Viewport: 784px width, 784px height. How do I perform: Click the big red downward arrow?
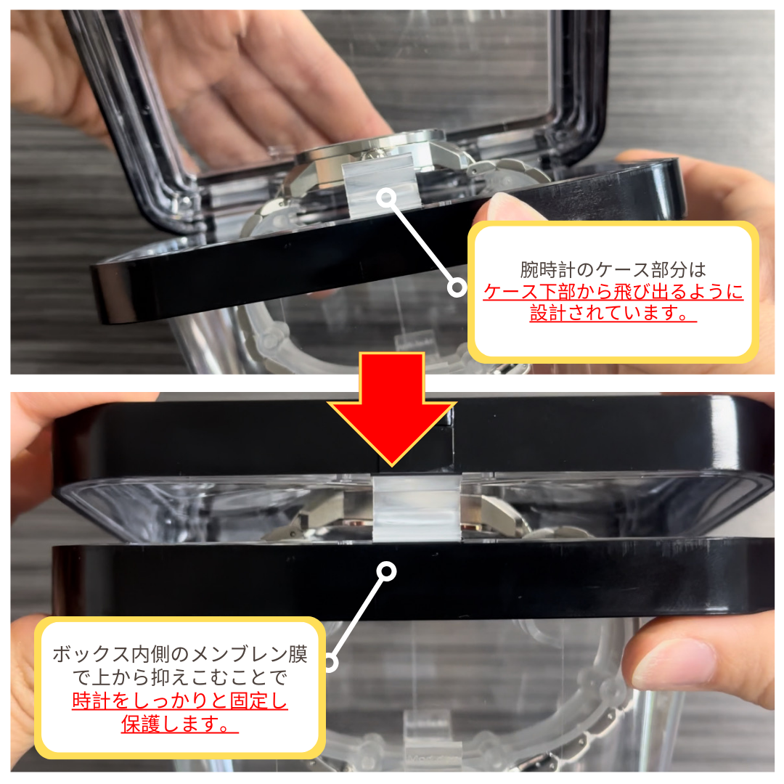pyautogui.click(x=392, y=414)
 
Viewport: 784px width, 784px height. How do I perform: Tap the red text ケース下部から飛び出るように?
pyautogui.click(x=613, y=293)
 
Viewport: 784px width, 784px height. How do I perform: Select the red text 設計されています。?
pyautogui.click(x=613, y=314)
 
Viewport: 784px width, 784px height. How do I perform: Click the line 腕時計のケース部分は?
pyautogui.click(x=613, y=270)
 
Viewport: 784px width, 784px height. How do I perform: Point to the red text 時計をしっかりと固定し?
pyautogui.click(x=180, y=702)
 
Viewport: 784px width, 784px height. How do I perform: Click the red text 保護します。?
pyautogui.click(x=180, y=724)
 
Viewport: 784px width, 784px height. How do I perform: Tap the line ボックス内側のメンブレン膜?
pyautogui.click(x=180, y=654)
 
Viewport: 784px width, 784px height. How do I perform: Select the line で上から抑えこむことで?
pyautogui.click(x=180, y=678)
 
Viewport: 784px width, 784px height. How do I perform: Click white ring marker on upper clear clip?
pyautogui.click(x=387, y=196)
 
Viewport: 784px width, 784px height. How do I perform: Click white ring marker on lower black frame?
pyautogui.click(x=387, y=572)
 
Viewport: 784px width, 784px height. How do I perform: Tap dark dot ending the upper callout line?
pyautogui.click(x=457, y=288)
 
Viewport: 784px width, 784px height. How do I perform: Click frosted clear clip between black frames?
pyautogui.click(x=417, y=508)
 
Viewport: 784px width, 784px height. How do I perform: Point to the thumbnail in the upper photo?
pyautogui.click(x=508, y=207)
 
